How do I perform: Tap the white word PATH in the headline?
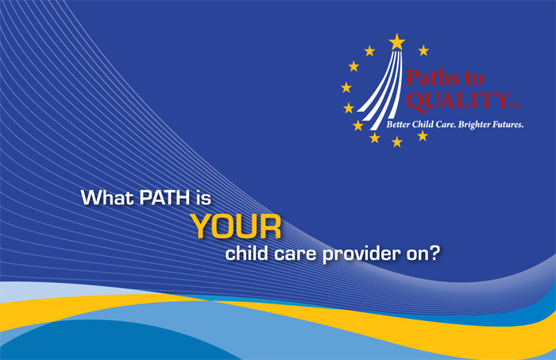point(165,197)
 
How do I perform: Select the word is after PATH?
point(204,197)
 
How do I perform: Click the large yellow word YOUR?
point(236,226)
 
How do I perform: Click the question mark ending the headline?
point(434,254)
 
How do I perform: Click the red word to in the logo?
point(474,79)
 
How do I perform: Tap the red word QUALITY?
point(458,101)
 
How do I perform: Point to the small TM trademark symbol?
point(515,106)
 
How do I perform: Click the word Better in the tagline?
point(398,125)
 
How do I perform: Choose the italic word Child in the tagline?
point(423,125)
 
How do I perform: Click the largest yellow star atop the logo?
point(397,42)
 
